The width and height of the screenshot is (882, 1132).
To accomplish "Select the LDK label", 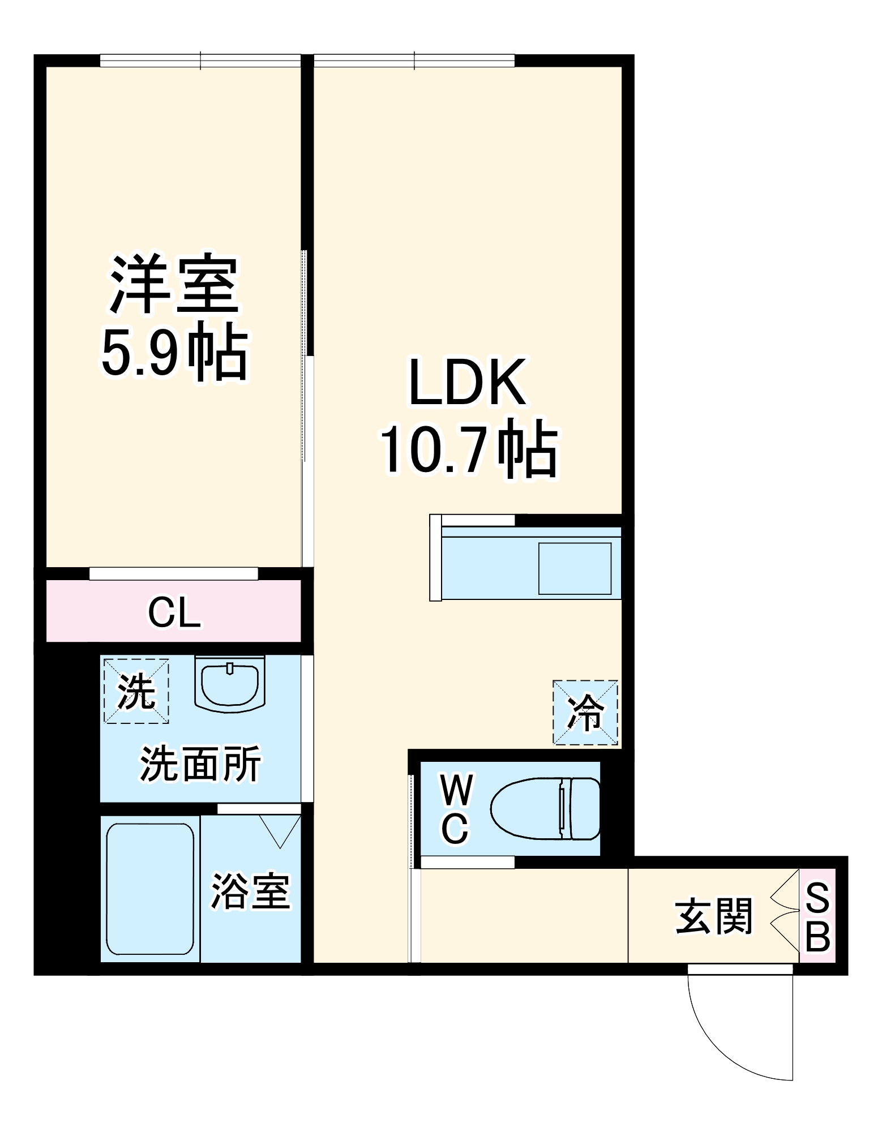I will click(x=468, y=383).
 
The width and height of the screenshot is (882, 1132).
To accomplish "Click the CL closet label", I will click(x=174, y=613).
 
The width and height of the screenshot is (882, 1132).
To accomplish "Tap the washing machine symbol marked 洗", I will click(x=136, y=691).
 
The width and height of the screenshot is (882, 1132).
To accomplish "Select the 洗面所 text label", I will click(x=200, y=764).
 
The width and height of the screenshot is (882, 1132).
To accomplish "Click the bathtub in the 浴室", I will click(x=150, y=889).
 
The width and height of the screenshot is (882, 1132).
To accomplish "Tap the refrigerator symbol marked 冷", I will click(x=585, y=713).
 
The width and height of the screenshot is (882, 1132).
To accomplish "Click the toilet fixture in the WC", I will click(x=545, y=808).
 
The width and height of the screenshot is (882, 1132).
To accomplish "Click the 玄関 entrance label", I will click(x=714, y=916).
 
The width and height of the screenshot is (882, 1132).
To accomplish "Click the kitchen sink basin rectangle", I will click(x=575, y=568).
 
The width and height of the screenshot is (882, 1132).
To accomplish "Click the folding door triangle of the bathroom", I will click(x=280, y=829).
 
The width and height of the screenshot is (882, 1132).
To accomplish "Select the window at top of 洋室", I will click(x=200, y=61).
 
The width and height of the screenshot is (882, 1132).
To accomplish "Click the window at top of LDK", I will click(x=414, y=61).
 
